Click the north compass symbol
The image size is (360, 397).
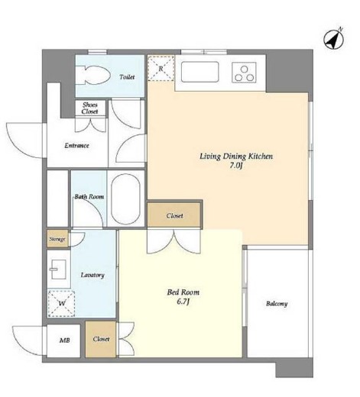click(x=334, y=40)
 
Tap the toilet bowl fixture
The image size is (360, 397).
click(x=93, y=76)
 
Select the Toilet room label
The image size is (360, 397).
click(x=127, y=76)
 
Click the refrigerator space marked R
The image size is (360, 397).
click(x=161, y=69)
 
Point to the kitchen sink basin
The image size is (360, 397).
click(x=199, y=72)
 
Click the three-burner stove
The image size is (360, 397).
click(x=244, y=73)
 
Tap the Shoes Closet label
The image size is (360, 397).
click(x=90, y=108)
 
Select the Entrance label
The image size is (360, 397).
click(x=76, y=146)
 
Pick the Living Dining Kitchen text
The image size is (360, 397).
click(x=236, y=156)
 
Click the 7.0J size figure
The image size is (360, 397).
click(x=235, y=166)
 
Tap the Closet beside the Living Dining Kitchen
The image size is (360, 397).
click(x=174, y=215)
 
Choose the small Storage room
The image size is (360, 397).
click(x=57, y=239)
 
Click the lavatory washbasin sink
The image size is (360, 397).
click(x=58, y=270)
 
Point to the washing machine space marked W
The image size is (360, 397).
click(x=61, y=304)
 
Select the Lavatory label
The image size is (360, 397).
click(x=92, y=275)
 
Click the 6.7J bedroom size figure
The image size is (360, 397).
click(x=183, y=302)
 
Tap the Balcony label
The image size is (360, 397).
click(x=277, y=304)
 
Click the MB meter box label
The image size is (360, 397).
click(x=64, y=341)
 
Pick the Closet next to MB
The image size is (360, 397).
click(x=101, y=339)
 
